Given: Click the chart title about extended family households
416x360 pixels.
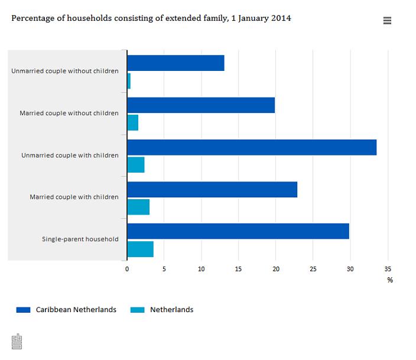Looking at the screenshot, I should coord(151,18).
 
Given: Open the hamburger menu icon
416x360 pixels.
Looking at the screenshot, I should coord(388,21).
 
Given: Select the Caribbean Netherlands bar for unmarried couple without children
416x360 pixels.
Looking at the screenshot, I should coord(175,63).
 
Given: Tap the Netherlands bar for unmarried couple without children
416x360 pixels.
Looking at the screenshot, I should coord(129,81).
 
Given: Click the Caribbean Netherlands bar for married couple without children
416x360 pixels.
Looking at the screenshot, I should coord(201,105).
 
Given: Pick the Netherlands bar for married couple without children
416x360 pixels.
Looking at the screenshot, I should coord(132,123).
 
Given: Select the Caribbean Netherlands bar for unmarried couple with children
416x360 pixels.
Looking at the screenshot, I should coord(252,147).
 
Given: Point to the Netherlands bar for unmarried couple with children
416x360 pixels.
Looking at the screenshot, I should coord(135,165).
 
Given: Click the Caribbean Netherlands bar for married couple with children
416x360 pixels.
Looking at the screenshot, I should coord(212,189).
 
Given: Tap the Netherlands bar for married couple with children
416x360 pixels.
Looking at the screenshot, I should coord(138,207).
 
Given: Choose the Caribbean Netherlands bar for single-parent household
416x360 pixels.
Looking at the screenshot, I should coord(238,231).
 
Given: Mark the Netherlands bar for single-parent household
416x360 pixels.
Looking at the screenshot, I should coord(140,249).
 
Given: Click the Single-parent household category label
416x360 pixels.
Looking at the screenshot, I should coord(80,239).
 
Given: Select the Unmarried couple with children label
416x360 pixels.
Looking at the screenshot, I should coord(70,155).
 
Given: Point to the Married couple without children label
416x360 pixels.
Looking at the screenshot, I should coord(69,113).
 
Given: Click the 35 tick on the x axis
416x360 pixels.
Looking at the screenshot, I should coord(387,269).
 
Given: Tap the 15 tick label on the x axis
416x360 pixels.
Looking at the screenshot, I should coord(239,269).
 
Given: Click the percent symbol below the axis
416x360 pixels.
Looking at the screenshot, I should coord(390,280).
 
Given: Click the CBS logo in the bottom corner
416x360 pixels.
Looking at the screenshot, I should coord(17,341).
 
